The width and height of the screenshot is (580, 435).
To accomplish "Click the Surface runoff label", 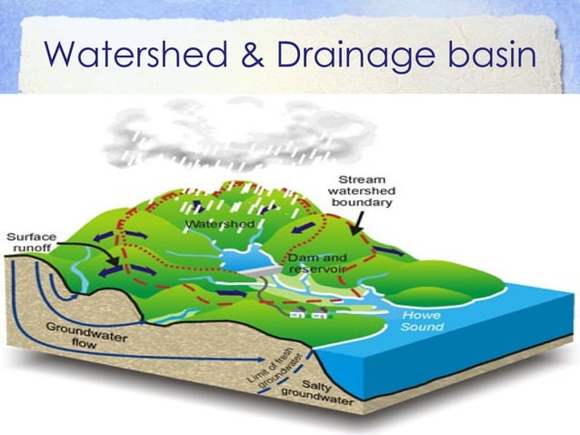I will (31, 243).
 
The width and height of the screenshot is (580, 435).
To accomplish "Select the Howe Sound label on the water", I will (422, 320).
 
